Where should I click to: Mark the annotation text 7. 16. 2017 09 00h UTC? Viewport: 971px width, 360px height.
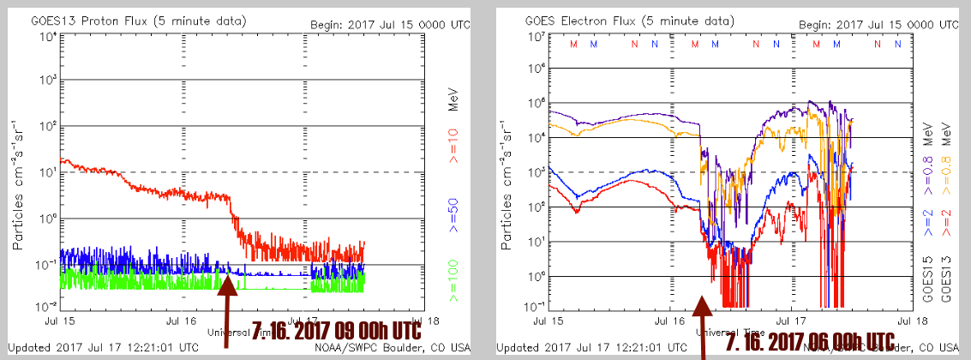[x=337, y=327]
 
